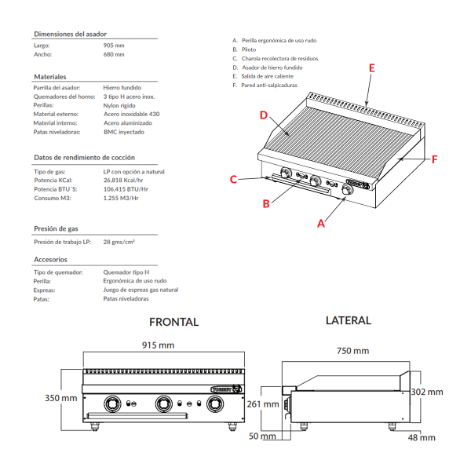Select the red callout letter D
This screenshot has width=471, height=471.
265,115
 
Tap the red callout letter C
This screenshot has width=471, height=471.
233,180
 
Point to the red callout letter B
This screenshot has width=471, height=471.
266,204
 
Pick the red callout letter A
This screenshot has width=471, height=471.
320,224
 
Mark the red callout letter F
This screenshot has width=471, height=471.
433,159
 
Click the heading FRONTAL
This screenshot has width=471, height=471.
173,322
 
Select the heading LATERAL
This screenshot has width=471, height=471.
348,320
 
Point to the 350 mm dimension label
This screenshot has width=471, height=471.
60,398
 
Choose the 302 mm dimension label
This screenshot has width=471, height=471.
427,392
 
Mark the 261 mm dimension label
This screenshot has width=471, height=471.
263,404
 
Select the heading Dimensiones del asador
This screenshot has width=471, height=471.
70,35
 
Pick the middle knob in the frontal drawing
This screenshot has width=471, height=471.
164,403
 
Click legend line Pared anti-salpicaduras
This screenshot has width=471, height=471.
269,85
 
